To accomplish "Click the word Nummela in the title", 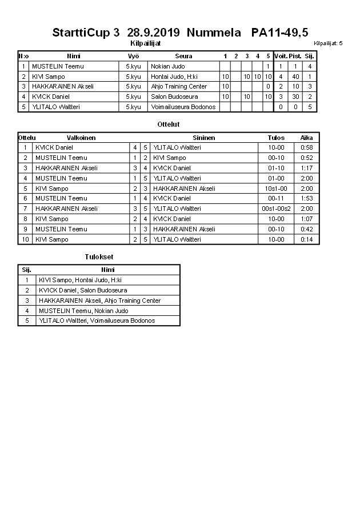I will (x=213, y=32).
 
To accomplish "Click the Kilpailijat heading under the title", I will (x=146, y=43).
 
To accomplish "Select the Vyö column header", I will (x=133, y=56).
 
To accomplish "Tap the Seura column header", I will (x=183, y=56).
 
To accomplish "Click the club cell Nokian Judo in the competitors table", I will (x=167, y=66).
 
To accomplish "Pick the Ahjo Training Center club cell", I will (x=178, y=86).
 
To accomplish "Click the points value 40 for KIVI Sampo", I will (x=295, y=77).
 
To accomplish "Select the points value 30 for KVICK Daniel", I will (x=295, y=97).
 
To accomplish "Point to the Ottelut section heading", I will (x=168, y=124).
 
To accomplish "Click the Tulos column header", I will (x=276, y=138).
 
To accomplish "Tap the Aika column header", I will (x=307, y=138).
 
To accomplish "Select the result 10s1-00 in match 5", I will (x=276, y=189).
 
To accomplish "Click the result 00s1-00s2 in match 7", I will (x=276, y=209).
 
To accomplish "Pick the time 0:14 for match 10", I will (x=307, y=239).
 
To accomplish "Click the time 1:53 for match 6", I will (x=307, y=198).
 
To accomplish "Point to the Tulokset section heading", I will (x=96, y=257).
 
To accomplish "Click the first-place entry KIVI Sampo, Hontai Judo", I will (x=80, y=280).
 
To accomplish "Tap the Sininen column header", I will (x=204, y=138).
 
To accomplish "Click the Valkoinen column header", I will (x=81, y=138).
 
